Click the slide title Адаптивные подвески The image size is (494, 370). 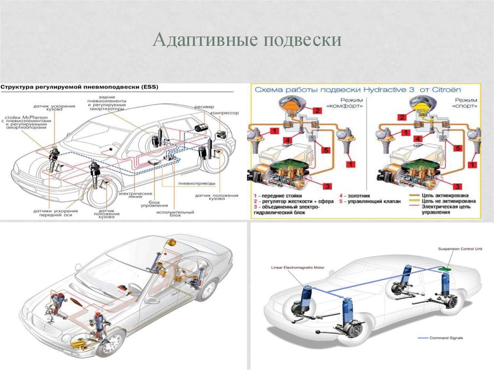247,41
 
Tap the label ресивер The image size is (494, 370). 202,106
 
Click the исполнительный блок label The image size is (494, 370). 175,214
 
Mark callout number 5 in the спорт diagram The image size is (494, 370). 458,149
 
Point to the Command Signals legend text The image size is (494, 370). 446,338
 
